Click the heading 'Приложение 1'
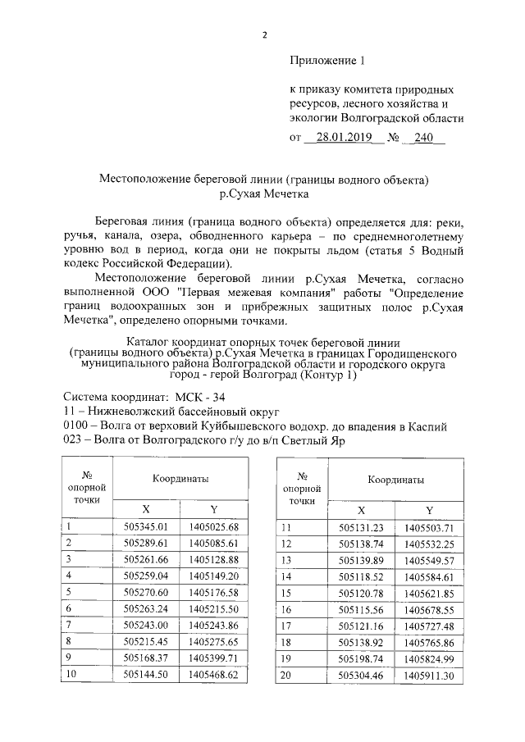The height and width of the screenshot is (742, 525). pos(326,61)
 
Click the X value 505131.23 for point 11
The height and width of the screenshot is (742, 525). pos(361,527)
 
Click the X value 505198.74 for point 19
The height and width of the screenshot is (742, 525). pos(361,658)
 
